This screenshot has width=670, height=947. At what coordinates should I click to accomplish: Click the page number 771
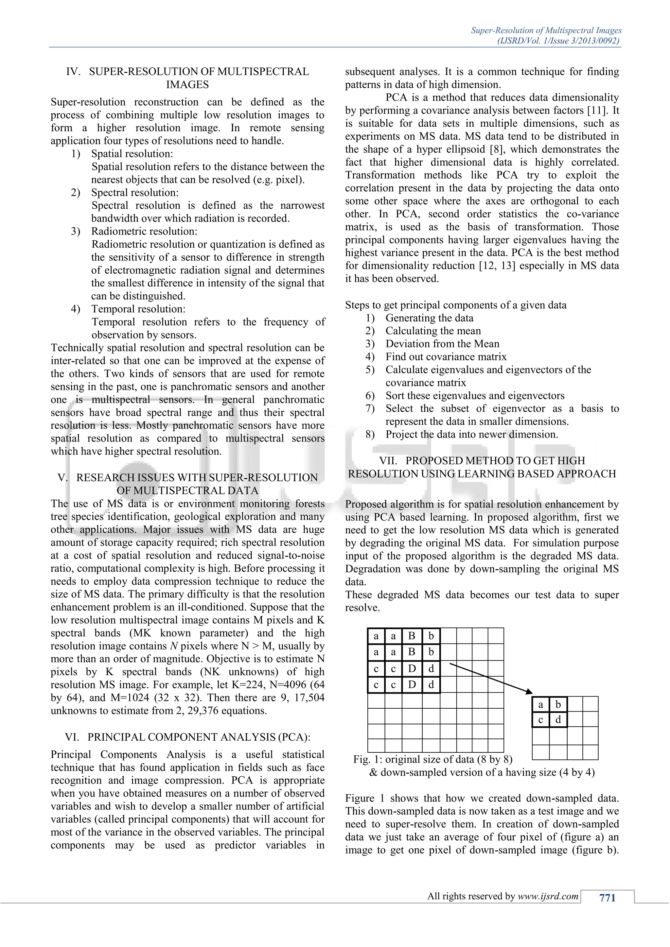coord(607,898)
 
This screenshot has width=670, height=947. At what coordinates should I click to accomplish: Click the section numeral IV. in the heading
coord(73,72)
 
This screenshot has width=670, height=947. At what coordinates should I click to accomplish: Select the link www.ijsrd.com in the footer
coord(548,896)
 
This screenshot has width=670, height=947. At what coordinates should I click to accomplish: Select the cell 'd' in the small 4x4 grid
coord(558,720)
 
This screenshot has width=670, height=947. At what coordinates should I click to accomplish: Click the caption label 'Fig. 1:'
coord(367,759)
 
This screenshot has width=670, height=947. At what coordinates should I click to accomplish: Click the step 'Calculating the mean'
coord(433,331)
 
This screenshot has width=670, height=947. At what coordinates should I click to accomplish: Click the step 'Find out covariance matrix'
coord(446,357)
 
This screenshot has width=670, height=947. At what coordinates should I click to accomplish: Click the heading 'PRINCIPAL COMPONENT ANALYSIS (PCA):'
coord(199,737)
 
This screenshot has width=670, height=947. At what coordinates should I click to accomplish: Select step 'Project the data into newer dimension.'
coord(471,434)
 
